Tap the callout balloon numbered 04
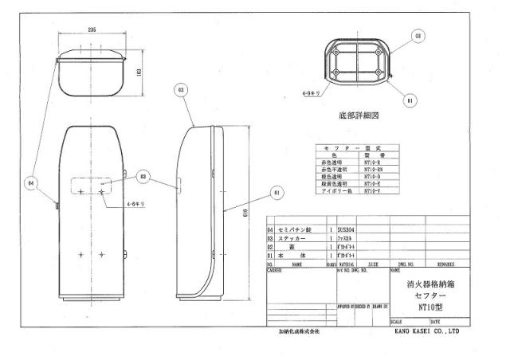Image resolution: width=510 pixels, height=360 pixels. (x=31, y=182)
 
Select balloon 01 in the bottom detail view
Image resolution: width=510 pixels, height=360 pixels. (x=410, y=101)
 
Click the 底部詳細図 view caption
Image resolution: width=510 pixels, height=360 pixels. (x=357, y=116)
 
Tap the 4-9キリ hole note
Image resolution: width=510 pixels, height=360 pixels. (x=311, y=95)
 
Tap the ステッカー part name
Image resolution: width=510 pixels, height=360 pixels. (x=297, y=237)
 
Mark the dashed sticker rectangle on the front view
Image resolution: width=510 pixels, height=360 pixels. (x=92, y=186)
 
